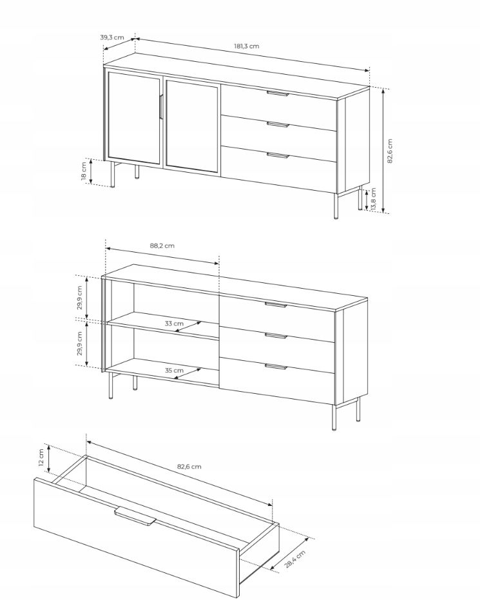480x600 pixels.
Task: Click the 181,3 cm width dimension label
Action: pos(246,46)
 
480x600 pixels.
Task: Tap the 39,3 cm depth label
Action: pos(112,37)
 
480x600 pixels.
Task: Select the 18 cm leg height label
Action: pos(83,171)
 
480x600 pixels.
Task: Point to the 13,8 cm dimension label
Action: pos(373,199)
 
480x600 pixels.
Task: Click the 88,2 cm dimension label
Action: pos(162,246)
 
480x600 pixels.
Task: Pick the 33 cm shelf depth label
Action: pos(174,324)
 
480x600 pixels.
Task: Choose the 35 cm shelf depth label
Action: pos(174,371)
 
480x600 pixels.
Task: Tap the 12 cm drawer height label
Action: pos(41,458)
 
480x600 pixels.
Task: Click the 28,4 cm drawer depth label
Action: pos(295,559)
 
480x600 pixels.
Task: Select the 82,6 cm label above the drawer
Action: pos(189,467)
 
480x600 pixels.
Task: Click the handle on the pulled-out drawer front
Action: pos(135,516)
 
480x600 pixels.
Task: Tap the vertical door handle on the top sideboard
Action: pos(162,107)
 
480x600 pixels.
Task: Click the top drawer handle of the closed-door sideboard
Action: pos(278,93)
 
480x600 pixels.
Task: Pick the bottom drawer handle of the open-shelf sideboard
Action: pos(276,367)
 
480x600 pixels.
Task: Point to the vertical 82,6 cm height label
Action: pos(390,151)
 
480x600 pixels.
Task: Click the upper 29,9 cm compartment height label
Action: pos(79,298)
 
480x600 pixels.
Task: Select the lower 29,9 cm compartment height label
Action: pos(79,344)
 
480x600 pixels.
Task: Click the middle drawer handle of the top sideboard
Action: pos(278,125)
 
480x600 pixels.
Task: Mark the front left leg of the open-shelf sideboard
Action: pos(111,385)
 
